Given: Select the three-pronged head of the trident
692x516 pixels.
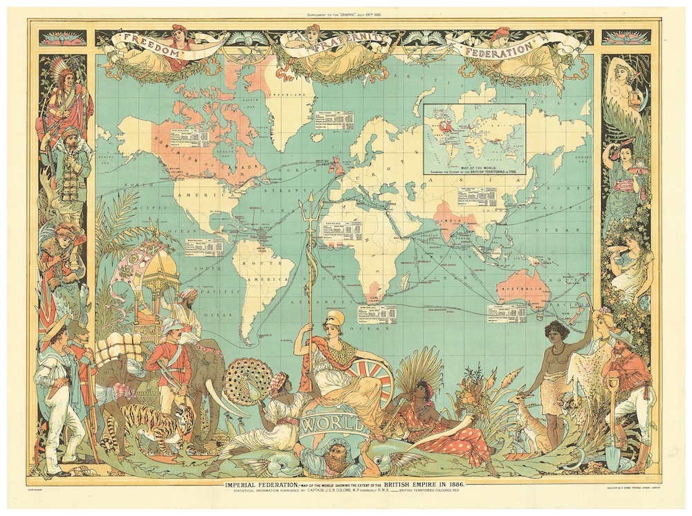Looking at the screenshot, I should pyautogui.click(x=309, y=208).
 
